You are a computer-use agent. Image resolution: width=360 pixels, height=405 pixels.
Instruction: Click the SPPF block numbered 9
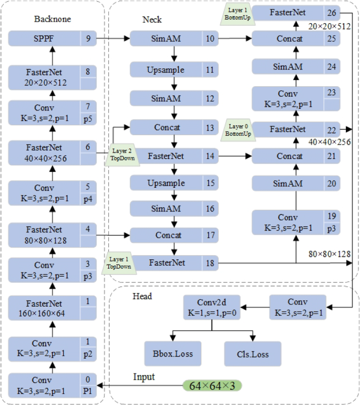tap(45, 38)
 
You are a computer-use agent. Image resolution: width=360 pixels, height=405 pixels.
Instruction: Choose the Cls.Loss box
tap(252, 353)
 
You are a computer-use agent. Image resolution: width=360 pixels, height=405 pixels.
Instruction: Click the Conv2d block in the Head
tap(211, 307)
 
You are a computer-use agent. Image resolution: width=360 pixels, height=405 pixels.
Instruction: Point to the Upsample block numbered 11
tap(166, 69)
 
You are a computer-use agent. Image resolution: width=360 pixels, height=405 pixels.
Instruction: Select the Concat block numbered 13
tap(166, 128)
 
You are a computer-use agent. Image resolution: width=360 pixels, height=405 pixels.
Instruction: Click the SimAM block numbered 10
tap(166, 38)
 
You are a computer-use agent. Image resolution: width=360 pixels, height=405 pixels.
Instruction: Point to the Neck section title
tap(152, 19)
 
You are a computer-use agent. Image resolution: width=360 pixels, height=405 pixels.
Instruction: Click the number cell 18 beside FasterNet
tap(211, 262)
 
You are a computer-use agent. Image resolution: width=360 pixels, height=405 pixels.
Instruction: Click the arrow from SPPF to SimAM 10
tap(114, 38)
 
